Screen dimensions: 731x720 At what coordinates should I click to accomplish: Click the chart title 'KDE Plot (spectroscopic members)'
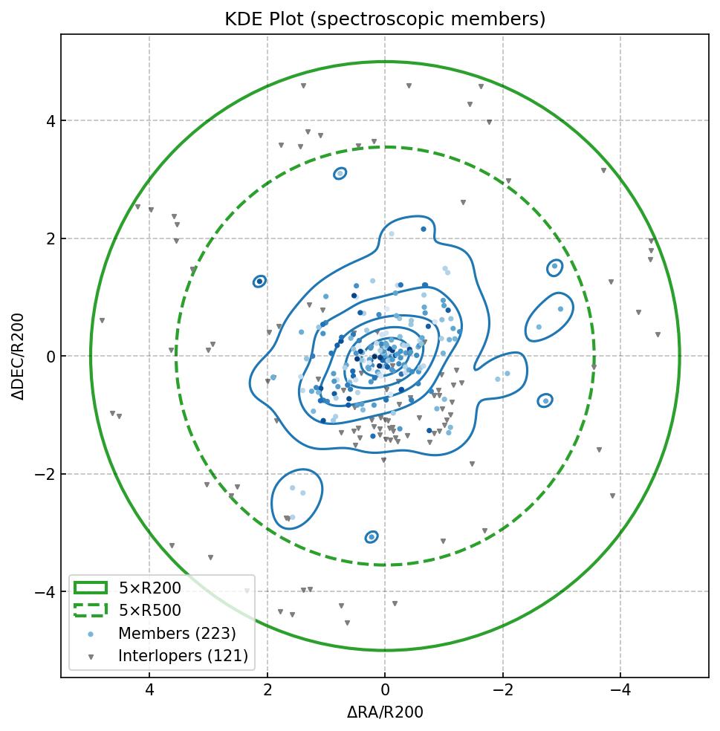point(385,19)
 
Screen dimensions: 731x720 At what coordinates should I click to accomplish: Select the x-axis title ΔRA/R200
point(385,712)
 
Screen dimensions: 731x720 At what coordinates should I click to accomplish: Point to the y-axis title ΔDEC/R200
point(19,357)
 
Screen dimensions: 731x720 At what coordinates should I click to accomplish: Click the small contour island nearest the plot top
point(340,173)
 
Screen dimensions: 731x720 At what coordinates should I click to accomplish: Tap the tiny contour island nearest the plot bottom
point(372,536)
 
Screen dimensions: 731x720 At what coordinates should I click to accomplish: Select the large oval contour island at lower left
point(296,498)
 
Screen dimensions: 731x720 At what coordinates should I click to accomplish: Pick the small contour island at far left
point(259,282)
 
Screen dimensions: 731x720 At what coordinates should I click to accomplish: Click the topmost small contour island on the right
point(554,267)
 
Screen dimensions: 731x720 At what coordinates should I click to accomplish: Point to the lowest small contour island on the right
point(545,400)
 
